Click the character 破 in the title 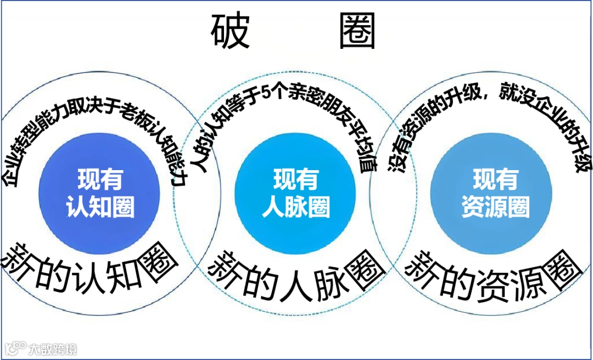[x=230, y=32]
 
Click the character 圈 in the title [x=357, y=32]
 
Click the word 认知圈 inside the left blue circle [x=100, y=208]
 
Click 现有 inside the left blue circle [x=100, y=179]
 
